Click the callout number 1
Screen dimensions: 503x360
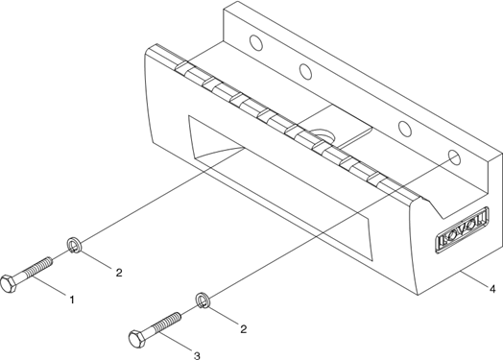tap(72, 300)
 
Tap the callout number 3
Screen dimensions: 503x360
tap(197, 355)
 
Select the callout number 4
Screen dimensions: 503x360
tap(492, 289)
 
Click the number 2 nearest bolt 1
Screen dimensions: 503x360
tap(119, 273)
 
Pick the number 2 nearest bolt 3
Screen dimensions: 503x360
tap(244, 329)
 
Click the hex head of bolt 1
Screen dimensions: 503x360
tap(9, 283)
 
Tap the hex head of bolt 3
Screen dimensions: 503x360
tap(137, 339)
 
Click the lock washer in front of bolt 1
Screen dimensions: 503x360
tap(74, 245)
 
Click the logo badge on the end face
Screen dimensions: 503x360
tap(463, 229)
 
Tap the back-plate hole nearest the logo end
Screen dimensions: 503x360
tap(455, 157)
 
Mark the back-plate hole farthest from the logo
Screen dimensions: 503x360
tap(255, 42)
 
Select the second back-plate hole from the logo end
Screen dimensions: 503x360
tap(405, 128)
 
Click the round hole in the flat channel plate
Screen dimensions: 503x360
tap(323, 136)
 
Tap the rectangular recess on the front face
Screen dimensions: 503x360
tap(280, 188)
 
